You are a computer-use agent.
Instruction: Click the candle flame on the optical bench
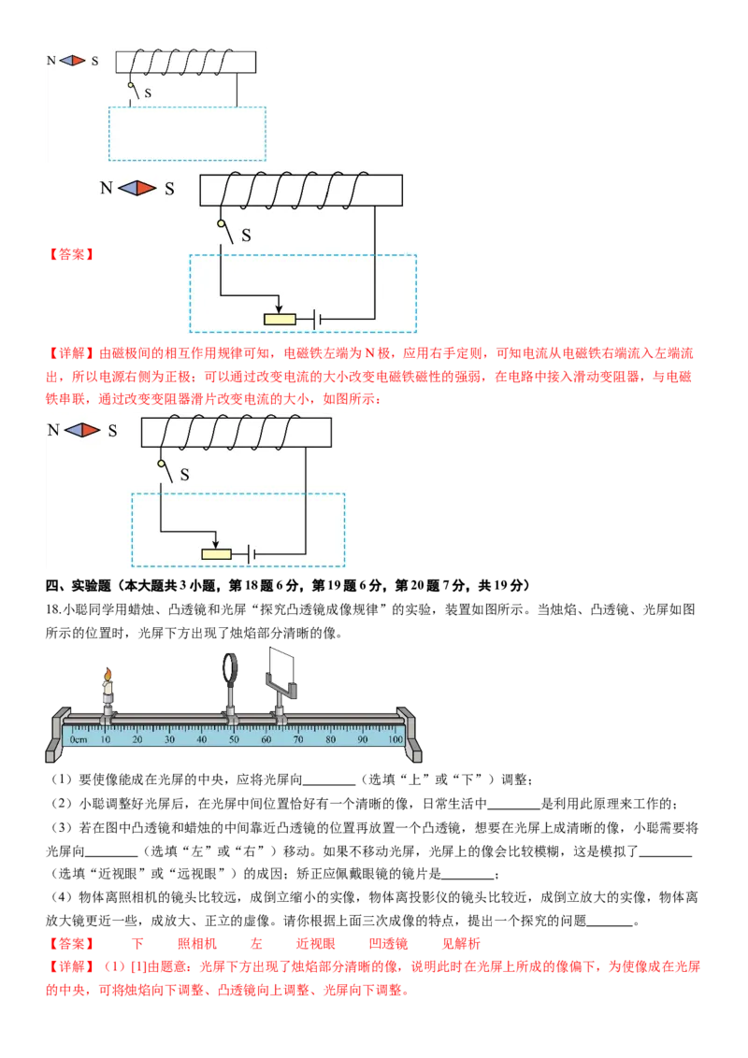[107, 675]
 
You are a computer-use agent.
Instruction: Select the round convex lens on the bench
[230, 668]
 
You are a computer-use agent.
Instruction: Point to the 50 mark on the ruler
[234, 739]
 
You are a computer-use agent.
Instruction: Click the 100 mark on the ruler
[396, 739]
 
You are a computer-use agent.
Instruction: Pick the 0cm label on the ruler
[79, 739]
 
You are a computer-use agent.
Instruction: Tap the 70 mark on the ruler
[297, 739]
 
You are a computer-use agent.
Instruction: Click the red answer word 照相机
[197, 943]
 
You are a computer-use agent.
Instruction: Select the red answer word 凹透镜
[388, 943]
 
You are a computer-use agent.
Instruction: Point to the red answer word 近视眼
[315, 943]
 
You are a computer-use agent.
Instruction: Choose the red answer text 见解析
[461, 943]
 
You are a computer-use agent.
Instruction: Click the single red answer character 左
[256, 943]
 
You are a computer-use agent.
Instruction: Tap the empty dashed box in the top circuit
[187, 134]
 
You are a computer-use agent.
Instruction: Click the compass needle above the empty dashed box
[72, 61]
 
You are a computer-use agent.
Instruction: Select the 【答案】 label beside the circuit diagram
[70, 254]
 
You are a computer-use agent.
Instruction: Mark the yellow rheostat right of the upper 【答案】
[280, 319]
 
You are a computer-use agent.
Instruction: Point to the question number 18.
[52, 609]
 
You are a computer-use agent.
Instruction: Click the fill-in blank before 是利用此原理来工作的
[513, 808]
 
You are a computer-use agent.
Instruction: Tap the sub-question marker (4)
[62, 896]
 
